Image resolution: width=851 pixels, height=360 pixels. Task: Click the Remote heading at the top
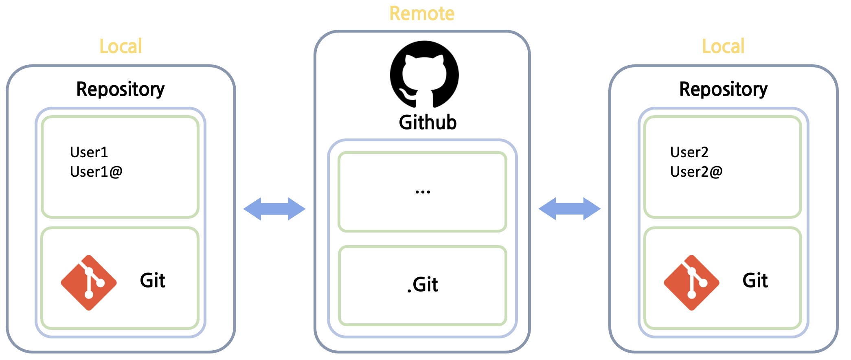pos(422,13)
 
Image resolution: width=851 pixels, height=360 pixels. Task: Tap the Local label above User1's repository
pos(121,46)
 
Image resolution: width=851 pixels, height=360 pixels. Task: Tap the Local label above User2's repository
pos(723,46)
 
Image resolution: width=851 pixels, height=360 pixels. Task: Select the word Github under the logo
pos(428,122)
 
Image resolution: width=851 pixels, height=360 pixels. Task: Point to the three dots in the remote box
pos(423,191)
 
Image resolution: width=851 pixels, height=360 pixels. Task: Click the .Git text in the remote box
pos(423,284)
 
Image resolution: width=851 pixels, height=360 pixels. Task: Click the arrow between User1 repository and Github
pos(274,209)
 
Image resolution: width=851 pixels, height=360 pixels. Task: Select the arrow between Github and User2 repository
pos(569,209)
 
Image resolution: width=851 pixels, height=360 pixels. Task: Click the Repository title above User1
pos(121,89)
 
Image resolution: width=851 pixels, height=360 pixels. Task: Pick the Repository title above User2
pos(723,89)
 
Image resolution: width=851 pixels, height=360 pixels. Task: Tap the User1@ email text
pos(96,172)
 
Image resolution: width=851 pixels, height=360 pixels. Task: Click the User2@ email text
pos(696,172)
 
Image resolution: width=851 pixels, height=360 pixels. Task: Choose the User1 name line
pos(89,152)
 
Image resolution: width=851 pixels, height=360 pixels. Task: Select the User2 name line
pos(689,152)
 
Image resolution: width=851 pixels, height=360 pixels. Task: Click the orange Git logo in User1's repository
pos(89,283)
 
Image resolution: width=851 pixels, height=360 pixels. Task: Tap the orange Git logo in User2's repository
pos(691,283)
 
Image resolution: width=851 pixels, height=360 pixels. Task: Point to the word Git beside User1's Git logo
pos(152,280)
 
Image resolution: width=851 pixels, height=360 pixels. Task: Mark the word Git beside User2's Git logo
pos(755,280)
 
